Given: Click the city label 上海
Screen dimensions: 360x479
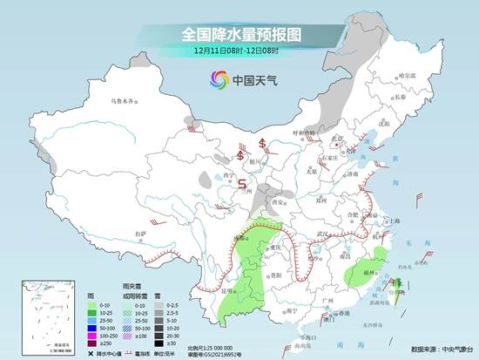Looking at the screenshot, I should click(x=395, y=221).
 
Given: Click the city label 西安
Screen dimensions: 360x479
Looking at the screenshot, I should click(x=280, y=201).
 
